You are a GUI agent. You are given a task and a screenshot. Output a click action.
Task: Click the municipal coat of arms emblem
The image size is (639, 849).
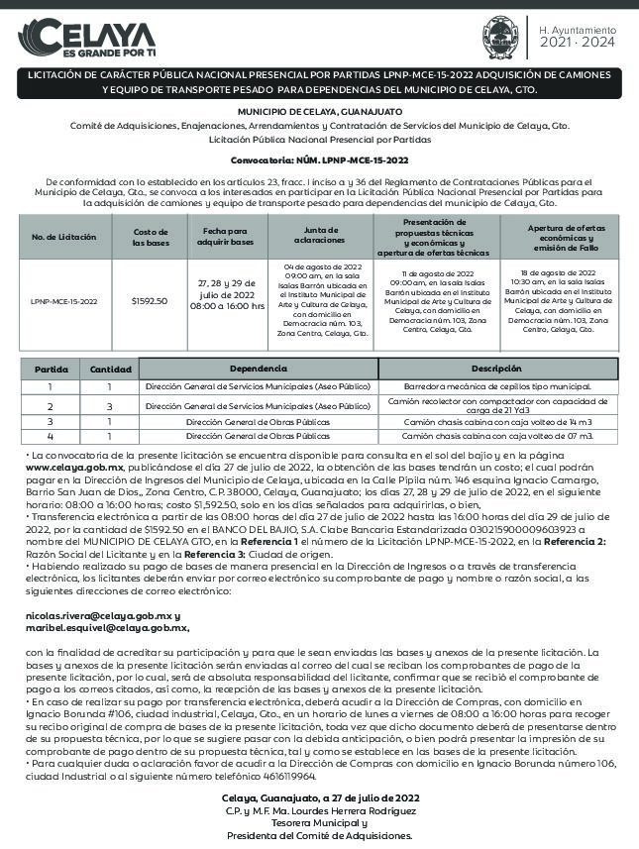[x=498, y=37]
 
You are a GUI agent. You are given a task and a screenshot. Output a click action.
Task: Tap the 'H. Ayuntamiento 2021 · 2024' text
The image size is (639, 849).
[x=578, y=38]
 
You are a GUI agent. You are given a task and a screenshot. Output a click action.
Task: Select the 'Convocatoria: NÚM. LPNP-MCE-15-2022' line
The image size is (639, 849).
[x=319, y=159]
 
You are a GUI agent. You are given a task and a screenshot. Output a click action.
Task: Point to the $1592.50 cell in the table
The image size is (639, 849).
[x=150, y=301]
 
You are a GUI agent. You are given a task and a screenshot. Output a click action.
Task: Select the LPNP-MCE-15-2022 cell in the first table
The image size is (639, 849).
[x=65, y=301]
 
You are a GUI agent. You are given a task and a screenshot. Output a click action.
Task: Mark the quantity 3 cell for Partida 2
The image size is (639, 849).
[x=109, y=406]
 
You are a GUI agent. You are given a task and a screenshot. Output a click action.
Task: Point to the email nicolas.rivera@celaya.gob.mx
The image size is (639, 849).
[x=97, y=615]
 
